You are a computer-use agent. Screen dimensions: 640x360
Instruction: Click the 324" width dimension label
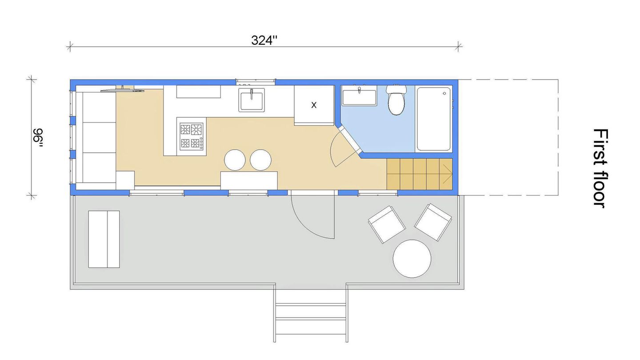click(264, 40)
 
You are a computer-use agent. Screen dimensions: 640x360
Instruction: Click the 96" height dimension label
click(38, 139)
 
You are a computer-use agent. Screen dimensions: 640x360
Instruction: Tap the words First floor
click(600, 169)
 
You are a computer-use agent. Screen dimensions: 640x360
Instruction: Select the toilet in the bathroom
click(396, 100)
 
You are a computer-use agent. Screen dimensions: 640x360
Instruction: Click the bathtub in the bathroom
click(434, 119)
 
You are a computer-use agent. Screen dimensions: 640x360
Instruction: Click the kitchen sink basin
click(252, 100)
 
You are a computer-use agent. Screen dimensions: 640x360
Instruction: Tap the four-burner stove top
click(192, 136)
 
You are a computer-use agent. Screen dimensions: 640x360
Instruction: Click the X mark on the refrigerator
click(314, 105)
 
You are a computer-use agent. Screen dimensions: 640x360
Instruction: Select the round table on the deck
click(412, 259)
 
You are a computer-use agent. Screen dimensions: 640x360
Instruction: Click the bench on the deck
click(104, 239)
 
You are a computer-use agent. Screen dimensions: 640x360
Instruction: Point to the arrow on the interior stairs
click(448, 174)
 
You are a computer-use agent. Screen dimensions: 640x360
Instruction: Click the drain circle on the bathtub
click(444, 93)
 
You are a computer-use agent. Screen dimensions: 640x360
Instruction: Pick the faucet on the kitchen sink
click(252, 94)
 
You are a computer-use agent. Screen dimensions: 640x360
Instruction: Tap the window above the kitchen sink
click(256, 82)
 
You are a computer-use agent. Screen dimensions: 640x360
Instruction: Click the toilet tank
click(396, 89)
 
